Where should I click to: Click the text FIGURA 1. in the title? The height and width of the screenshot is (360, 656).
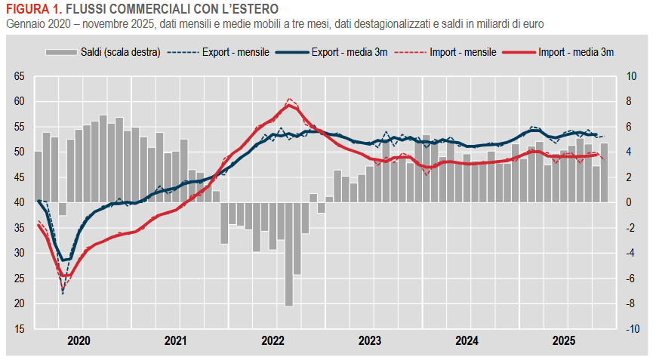tap(33, 8)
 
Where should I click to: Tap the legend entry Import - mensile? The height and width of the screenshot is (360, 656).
tap(462, 52)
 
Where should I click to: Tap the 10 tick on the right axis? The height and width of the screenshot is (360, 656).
tap(632, 76)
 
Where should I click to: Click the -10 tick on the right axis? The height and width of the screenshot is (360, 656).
tap(633, 329)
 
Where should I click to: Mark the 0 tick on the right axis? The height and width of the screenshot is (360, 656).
tap(630, 202)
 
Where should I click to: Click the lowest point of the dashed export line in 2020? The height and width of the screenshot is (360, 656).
tap(63, 293)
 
